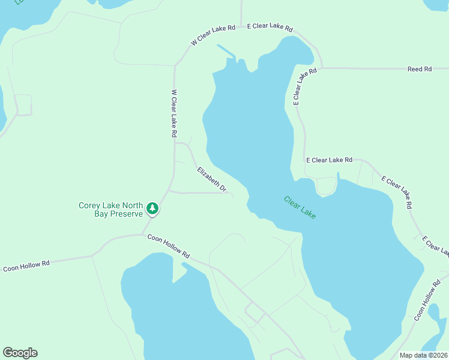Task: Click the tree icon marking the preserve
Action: (153, 209)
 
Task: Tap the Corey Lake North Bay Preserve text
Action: (111, 209)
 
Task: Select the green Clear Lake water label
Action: (300, 208)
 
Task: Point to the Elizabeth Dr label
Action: (212, 179)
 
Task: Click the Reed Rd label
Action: (420, 69)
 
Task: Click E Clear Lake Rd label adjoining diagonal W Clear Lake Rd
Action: (270, 27)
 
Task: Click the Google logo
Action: (20, 353)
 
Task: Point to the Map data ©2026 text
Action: (423, 355)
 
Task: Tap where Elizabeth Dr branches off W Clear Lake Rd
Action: (175, 143)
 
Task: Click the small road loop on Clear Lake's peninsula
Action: (326, 187)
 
